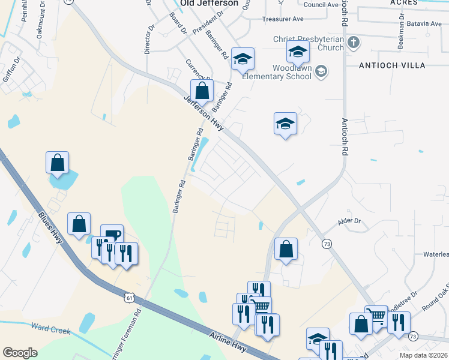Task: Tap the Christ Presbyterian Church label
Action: click(309, 43)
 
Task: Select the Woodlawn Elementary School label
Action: click(277, 72)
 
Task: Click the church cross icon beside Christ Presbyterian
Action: click(354, 42)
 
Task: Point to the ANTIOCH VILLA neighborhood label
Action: click(393, 65)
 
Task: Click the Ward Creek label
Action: click(50, 330)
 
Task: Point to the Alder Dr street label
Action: click(349, 221)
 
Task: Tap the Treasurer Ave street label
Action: click(283, 19)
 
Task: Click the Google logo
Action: click(20, 353)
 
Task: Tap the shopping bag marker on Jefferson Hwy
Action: click(202, 92)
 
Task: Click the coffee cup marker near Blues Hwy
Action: click(112, 235)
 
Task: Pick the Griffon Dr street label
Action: click(12, 72)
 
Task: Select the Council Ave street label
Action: click(321, 5)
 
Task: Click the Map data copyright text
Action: click(423, 355)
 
